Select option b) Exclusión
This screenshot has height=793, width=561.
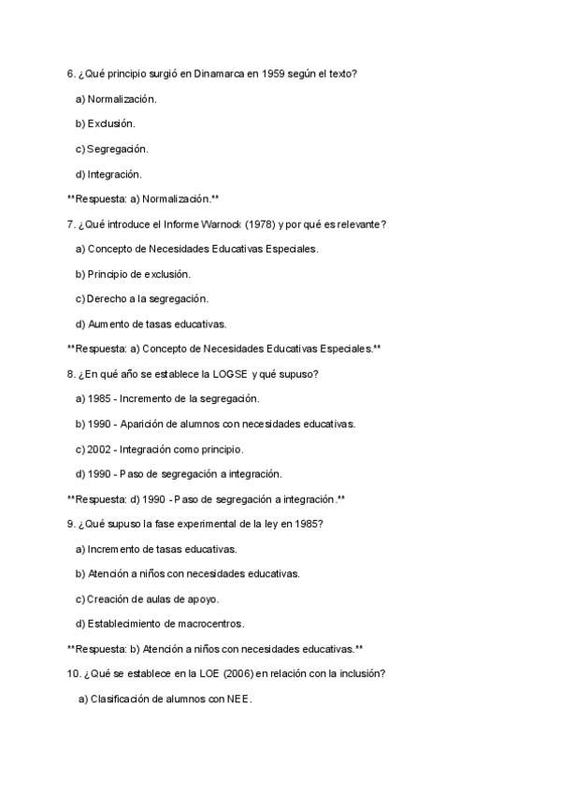(x=105, y=123)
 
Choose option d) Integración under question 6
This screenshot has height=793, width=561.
(x=108, y=174)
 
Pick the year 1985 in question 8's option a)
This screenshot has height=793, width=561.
(x=100, y=398)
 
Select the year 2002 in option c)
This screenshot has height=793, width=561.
(x=99, y=449)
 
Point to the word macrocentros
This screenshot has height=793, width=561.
(x=209, y=624)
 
